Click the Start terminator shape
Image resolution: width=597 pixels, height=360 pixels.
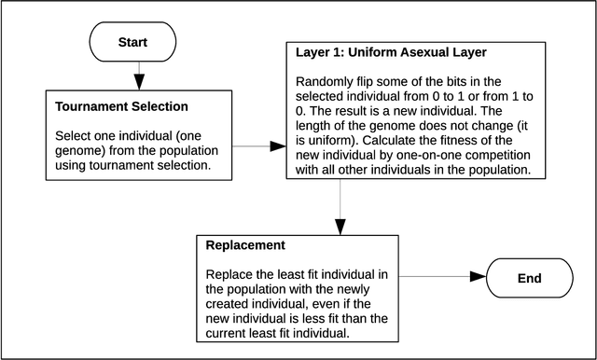(132, 43)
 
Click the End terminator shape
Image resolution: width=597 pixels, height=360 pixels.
(528, 278)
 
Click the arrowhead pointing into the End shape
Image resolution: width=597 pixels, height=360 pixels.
(477, 278)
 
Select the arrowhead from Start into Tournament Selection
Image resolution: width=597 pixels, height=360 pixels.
(138, 81)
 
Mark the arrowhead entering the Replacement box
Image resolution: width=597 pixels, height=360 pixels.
(340, 227)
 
